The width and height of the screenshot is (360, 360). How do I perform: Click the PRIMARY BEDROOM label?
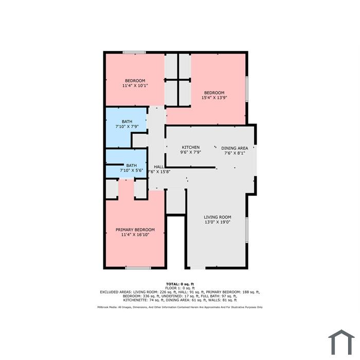click(x=135, y=229)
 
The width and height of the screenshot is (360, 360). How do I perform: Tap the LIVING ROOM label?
click(x=218, y=217)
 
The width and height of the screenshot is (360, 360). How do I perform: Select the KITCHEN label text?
click(x=191, y=147)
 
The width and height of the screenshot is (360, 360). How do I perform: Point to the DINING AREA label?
click(x=235, y=148)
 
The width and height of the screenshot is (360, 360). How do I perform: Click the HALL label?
click(x=159, y=167)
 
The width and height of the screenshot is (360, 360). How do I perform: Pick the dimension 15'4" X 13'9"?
click(x=214, y=98)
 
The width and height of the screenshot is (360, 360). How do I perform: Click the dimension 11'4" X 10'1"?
click(x=135, y=86)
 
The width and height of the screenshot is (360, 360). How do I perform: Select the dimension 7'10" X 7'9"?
click(x=127, y=127)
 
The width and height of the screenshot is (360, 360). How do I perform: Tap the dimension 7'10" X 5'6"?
click(x=132, y=170)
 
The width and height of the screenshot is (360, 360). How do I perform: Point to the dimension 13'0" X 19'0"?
click(x=218, y=222)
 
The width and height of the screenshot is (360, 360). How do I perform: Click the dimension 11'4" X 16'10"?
click(x=135, y=235)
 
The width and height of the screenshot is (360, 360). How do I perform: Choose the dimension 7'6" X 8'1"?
click(x=235, y=153)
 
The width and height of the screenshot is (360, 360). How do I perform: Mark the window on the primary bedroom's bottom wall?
click(x=138, y=268)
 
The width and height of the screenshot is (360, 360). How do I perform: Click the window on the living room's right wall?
click(x=247, y=230)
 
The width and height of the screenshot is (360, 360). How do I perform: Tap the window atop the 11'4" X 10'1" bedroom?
click(x=134, y=52)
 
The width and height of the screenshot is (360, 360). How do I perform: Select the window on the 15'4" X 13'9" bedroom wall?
click(x=247, y=89)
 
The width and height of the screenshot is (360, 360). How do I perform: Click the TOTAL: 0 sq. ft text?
click(x=180, y=284)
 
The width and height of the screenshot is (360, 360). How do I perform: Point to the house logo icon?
click(x=341, y=343)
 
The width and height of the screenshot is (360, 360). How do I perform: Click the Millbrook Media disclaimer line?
click(x=180, y=307)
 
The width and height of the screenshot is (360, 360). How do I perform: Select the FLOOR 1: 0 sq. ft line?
click(x=180, y=288)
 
